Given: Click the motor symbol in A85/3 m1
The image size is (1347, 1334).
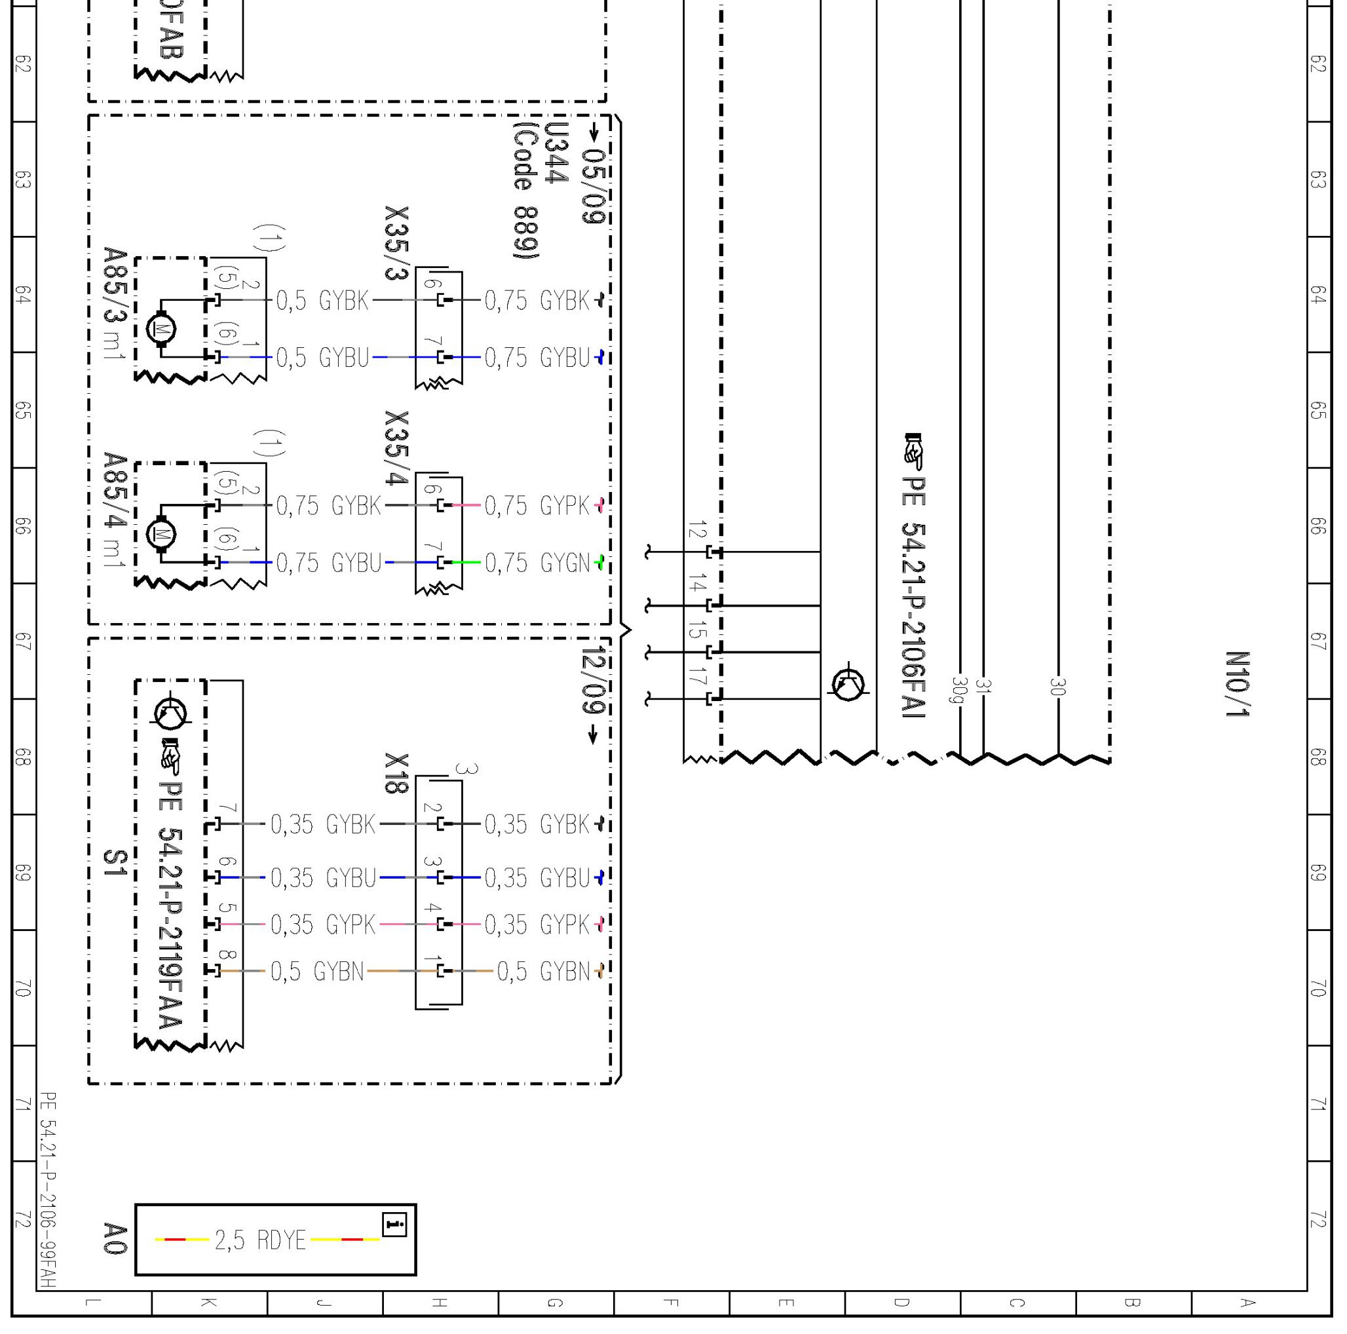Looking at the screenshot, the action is [x=161, y=328].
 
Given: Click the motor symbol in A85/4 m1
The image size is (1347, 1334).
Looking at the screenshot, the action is [x=161, y=534].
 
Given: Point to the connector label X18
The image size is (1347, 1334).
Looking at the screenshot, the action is [x=396, y=772].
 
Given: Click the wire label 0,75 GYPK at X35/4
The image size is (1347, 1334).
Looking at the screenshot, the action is [x=537, y=506].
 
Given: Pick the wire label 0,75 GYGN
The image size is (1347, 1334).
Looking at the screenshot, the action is [x=537, y=563].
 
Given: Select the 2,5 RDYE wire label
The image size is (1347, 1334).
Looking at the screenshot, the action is [x=260, y=1240].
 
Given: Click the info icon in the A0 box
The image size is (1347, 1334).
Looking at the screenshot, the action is [x=394, y=1224].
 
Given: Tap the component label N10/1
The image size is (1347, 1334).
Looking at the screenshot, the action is [x=1237, y=684].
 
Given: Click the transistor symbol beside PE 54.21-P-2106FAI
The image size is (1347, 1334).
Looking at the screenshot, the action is [x=848, y=683].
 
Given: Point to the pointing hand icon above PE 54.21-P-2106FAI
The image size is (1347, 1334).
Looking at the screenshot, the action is [x=913, y=451].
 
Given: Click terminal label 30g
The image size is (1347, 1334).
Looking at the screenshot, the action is [x=958, y=690].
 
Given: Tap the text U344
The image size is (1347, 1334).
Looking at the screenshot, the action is [x=556, y=153].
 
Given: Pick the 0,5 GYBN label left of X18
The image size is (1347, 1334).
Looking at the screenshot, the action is [x=317, y=971].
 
